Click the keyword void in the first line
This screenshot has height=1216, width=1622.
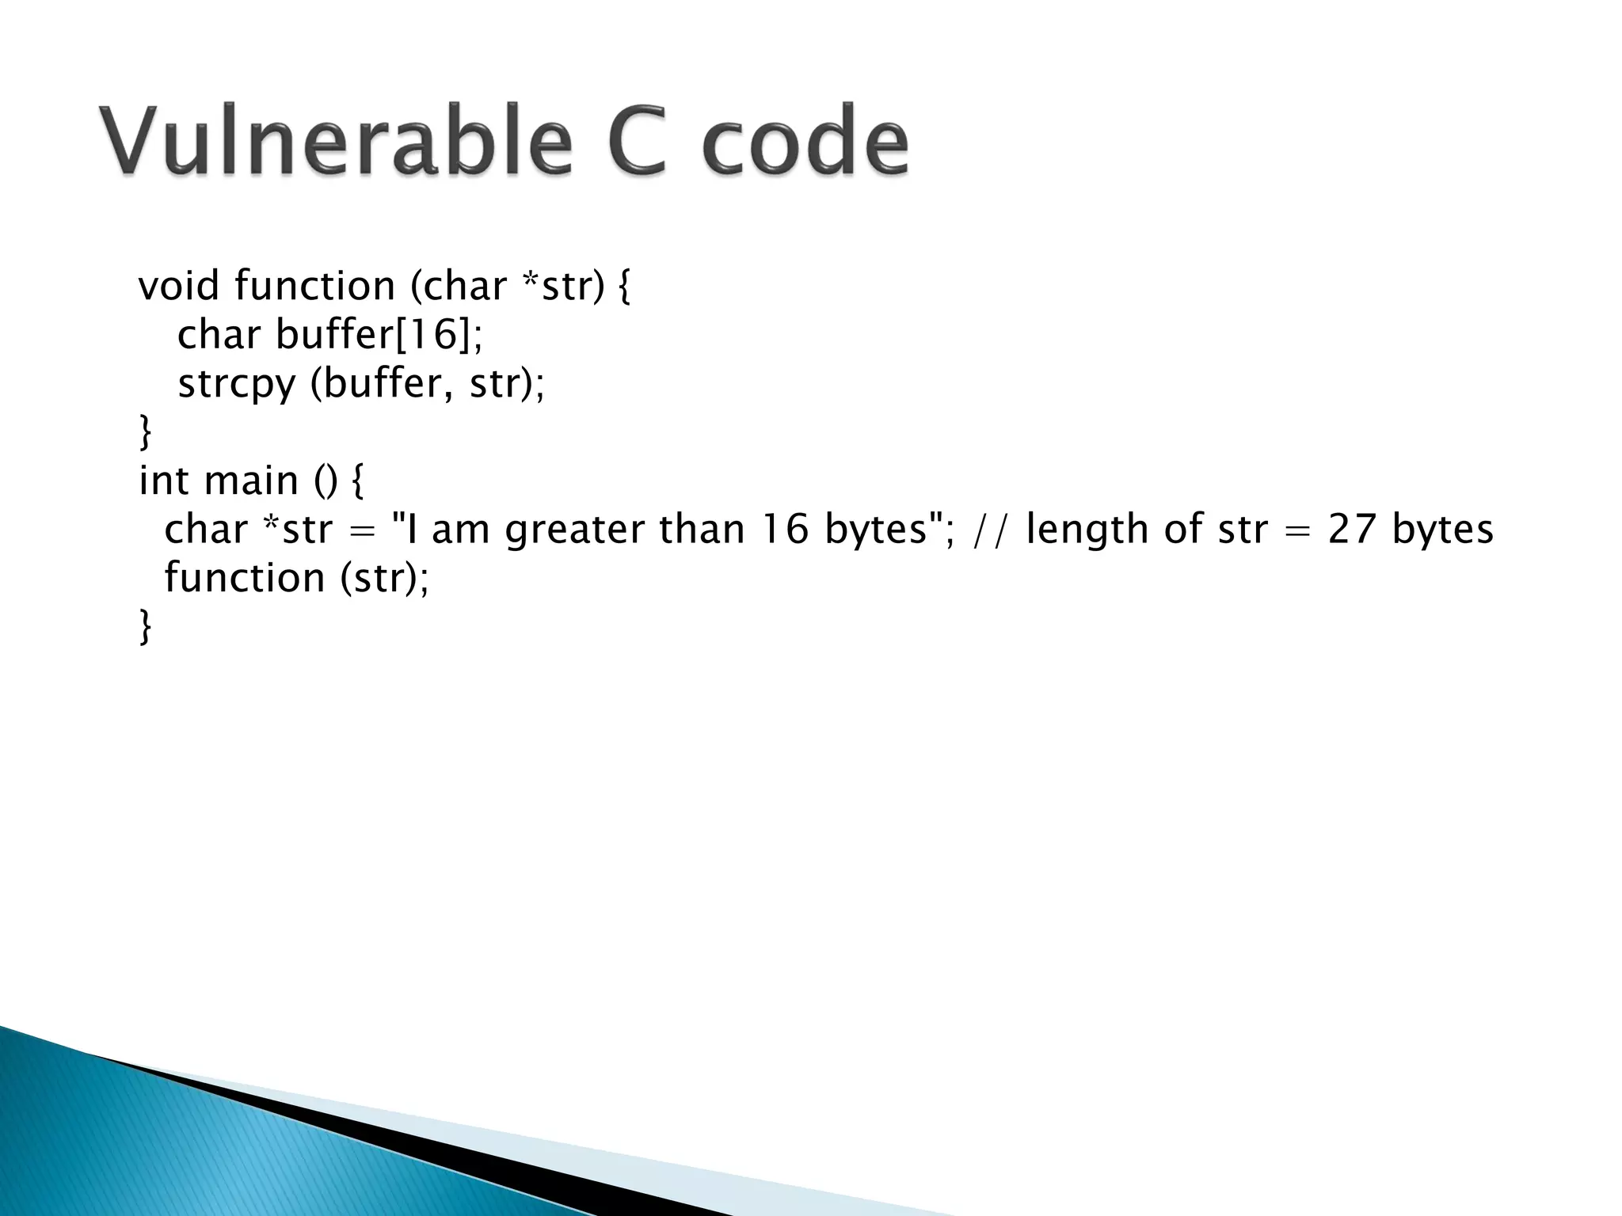[178, 286]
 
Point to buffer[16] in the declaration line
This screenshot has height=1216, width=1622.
[378, 335]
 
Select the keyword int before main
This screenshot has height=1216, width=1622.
[163, 481]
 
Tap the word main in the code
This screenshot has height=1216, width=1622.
[251, 481]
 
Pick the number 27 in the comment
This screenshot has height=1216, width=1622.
[1352, 530]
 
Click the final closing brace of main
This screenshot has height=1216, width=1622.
[145, 627]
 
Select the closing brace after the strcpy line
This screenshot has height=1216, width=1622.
[145, 432]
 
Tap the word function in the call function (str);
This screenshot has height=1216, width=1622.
[244, 578]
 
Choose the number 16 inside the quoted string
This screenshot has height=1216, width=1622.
[785, 530]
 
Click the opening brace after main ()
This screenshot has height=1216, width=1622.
[356, 481]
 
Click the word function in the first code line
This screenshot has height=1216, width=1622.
[314, 286]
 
